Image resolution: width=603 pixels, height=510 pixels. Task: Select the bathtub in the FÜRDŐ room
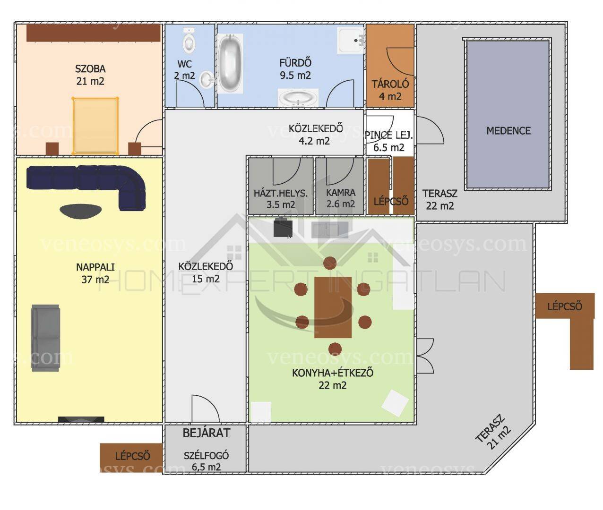click(230, 63)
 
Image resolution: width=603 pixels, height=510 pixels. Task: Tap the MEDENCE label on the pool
click(508, 131)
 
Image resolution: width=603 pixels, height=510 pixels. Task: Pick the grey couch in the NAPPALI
click(45, 338)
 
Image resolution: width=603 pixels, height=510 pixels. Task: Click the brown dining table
click(333, 307)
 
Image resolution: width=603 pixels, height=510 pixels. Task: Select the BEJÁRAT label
click(206, 433)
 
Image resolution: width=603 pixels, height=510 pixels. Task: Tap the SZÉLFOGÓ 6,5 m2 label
click(206, 461)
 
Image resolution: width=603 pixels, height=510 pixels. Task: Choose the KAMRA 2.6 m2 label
click(341, 198)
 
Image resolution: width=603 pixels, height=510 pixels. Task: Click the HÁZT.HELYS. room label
click(281, 193)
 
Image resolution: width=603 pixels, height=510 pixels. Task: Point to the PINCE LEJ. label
click(389, 136)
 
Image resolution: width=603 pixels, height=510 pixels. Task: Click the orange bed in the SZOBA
click(95, 126)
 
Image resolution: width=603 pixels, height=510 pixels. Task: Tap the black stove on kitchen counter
click(283, 228)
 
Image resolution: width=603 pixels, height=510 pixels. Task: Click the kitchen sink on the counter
click(330, 230)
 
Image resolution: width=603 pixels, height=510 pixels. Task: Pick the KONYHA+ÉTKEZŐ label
click(333, 373)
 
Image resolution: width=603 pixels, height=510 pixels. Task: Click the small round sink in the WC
click(207, 79)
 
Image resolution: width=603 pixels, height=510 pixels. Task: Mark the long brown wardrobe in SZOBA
click(94, 33)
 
